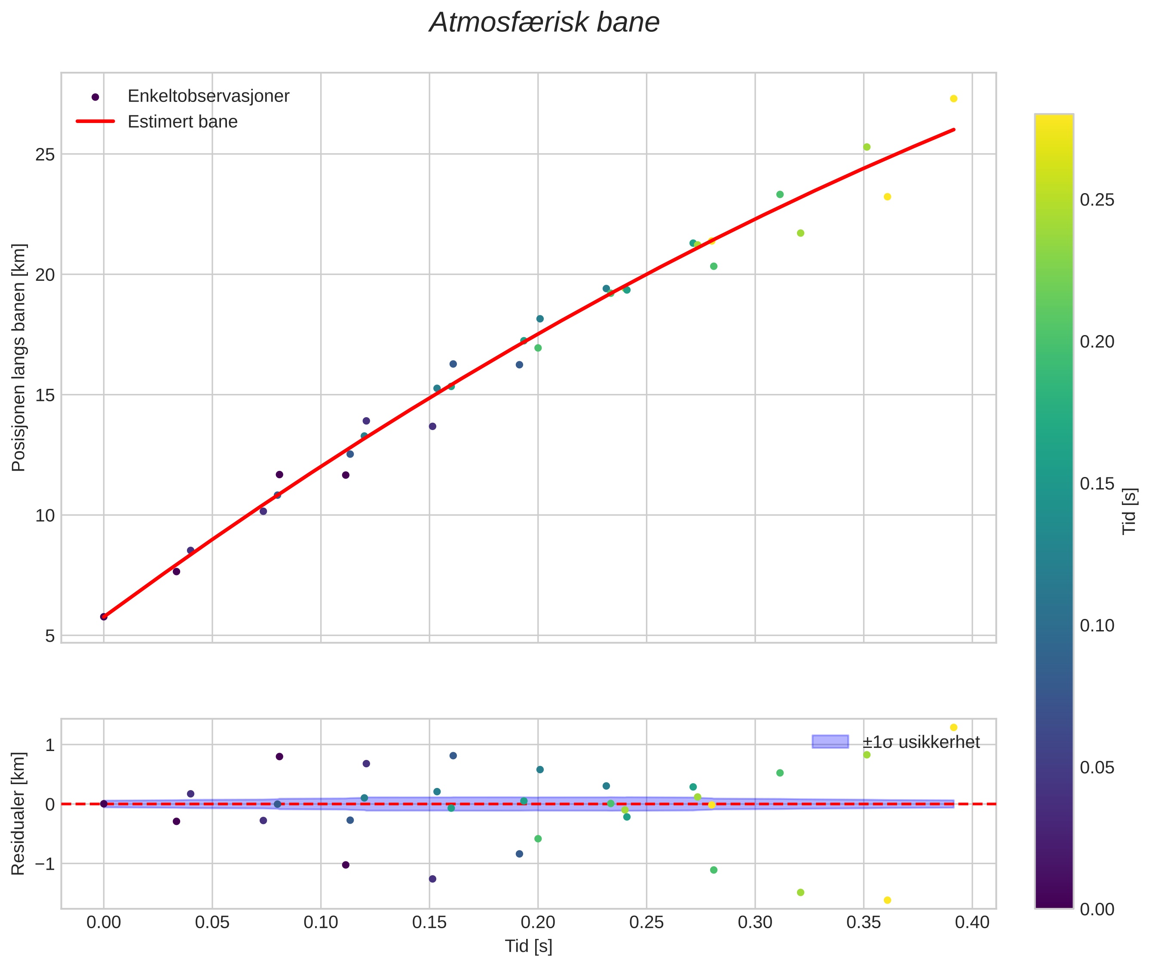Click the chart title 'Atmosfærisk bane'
[544, 23]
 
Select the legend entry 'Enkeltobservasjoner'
[208, 96]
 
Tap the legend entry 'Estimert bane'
[182, 122]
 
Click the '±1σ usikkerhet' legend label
[921, 742]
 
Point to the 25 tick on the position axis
[45, 154]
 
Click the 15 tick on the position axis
[45, 395]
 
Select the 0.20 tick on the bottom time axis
[538, 923]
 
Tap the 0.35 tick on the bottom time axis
[863, 923]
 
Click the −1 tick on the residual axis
[45, 864]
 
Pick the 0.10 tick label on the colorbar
[1097, 625]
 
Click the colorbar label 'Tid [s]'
[1129, 511]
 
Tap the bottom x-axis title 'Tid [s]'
[528, 946]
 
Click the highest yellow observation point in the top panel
[953, 98]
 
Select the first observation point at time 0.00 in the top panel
[104, 617]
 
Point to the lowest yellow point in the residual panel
[887, 900]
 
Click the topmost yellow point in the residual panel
[953, 727]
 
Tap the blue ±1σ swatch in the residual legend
[830, 742]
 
